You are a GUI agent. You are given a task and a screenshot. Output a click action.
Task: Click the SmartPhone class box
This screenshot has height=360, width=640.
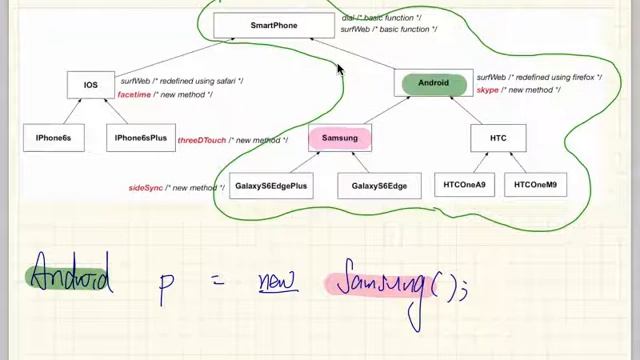click(x=274, y=25)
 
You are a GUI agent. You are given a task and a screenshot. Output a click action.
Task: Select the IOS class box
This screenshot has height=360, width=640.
click(x=91, y=85)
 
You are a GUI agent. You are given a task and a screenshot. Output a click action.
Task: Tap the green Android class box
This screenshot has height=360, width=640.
click(x=433, y=83)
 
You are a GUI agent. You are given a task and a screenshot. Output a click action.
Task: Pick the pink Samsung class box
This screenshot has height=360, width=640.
click(x=340, y=138)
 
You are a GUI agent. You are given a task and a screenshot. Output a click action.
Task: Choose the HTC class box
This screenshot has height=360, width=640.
click(x=498, y=138)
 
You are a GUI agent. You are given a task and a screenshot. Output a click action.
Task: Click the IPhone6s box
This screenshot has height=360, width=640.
click(x=53, y=138)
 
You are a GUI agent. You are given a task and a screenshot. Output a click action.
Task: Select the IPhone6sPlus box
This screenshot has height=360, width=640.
click(x=141, y=138)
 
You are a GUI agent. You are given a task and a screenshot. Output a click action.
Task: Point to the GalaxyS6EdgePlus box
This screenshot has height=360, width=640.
click(x=272, y=186)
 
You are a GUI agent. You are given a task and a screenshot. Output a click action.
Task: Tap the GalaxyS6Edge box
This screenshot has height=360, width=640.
click(x=379, y=186)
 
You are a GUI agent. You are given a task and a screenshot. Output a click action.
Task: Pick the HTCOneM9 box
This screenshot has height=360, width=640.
click(x=536, y=185)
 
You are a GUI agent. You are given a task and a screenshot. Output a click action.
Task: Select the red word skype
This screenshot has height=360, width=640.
click(x=487, y=90)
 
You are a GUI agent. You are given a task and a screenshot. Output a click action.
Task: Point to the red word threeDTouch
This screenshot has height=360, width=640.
click(x=201, y=141)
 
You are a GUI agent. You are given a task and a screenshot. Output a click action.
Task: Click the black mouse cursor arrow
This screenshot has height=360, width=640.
click(x=339, y=70)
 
